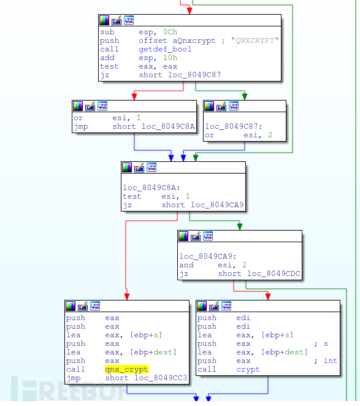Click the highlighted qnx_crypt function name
coord(126,369)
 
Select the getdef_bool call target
coord(165,49)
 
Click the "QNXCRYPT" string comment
coord(255,40)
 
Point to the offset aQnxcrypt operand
coord(177,40)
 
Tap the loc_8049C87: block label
coord(234,126)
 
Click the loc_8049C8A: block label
coord(151,188)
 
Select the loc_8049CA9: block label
coord(208,256)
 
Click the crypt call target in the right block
coord(248,369)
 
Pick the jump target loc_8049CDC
coord(274,274)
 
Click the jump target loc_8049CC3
coord(161,378)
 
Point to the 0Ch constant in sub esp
coord(170,32)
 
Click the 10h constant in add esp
coord(170,58)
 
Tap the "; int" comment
coord(326,361)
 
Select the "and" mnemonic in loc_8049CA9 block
coord(186,265)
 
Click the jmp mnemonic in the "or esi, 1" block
coord(81,126)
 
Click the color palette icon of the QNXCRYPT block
coord(104,20)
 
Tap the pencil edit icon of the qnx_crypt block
coord(83,306)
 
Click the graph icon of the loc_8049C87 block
coord(234,106)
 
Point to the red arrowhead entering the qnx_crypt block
coord(127,297)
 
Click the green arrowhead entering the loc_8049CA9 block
coord(240,226)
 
